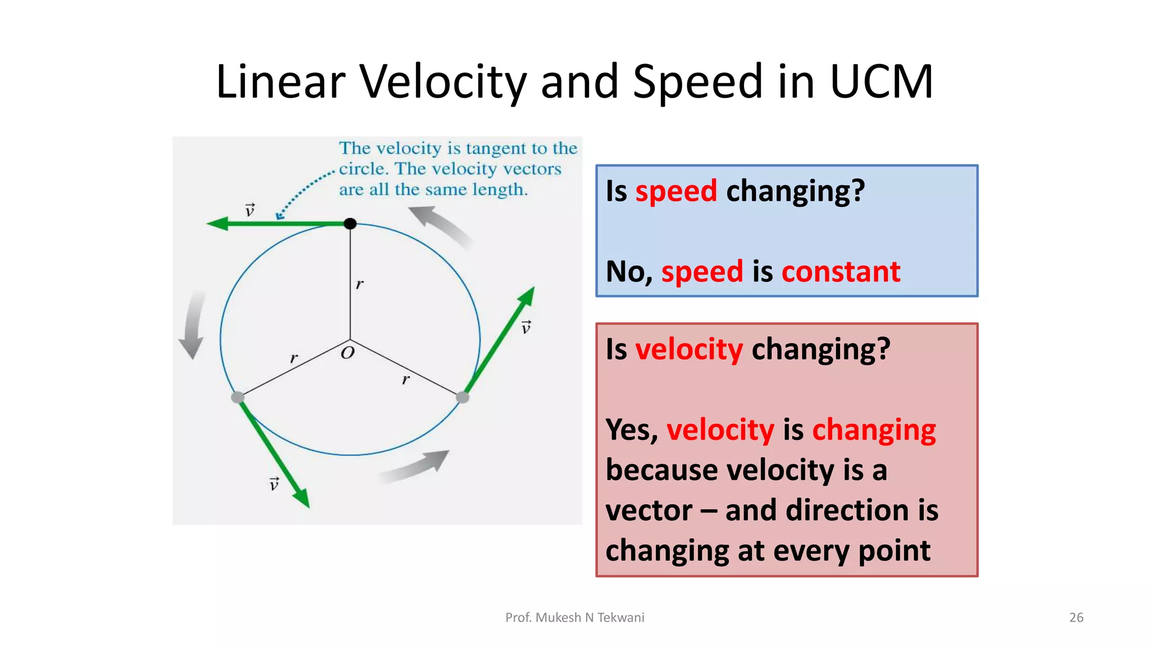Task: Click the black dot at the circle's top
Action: coord(350,224)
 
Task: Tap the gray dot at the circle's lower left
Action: coord(238,398)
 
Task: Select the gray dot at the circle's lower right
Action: coord(463,398)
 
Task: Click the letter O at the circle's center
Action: coord(348,353)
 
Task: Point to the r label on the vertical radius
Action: coord(359,284)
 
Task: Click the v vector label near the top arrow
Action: coord(250,210)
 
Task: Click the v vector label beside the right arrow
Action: coord(526,327)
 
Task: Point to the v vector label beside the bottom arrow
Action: coord(274,484)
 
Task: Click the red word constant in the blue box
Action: coord(841,272)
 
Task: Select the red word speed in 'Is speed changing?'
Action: coord(676,191)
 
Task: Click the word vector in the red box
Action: coord(649,511)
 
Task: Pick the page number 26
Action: coord(1076,617)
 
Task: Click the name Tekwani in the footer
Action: coord(620,617)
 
